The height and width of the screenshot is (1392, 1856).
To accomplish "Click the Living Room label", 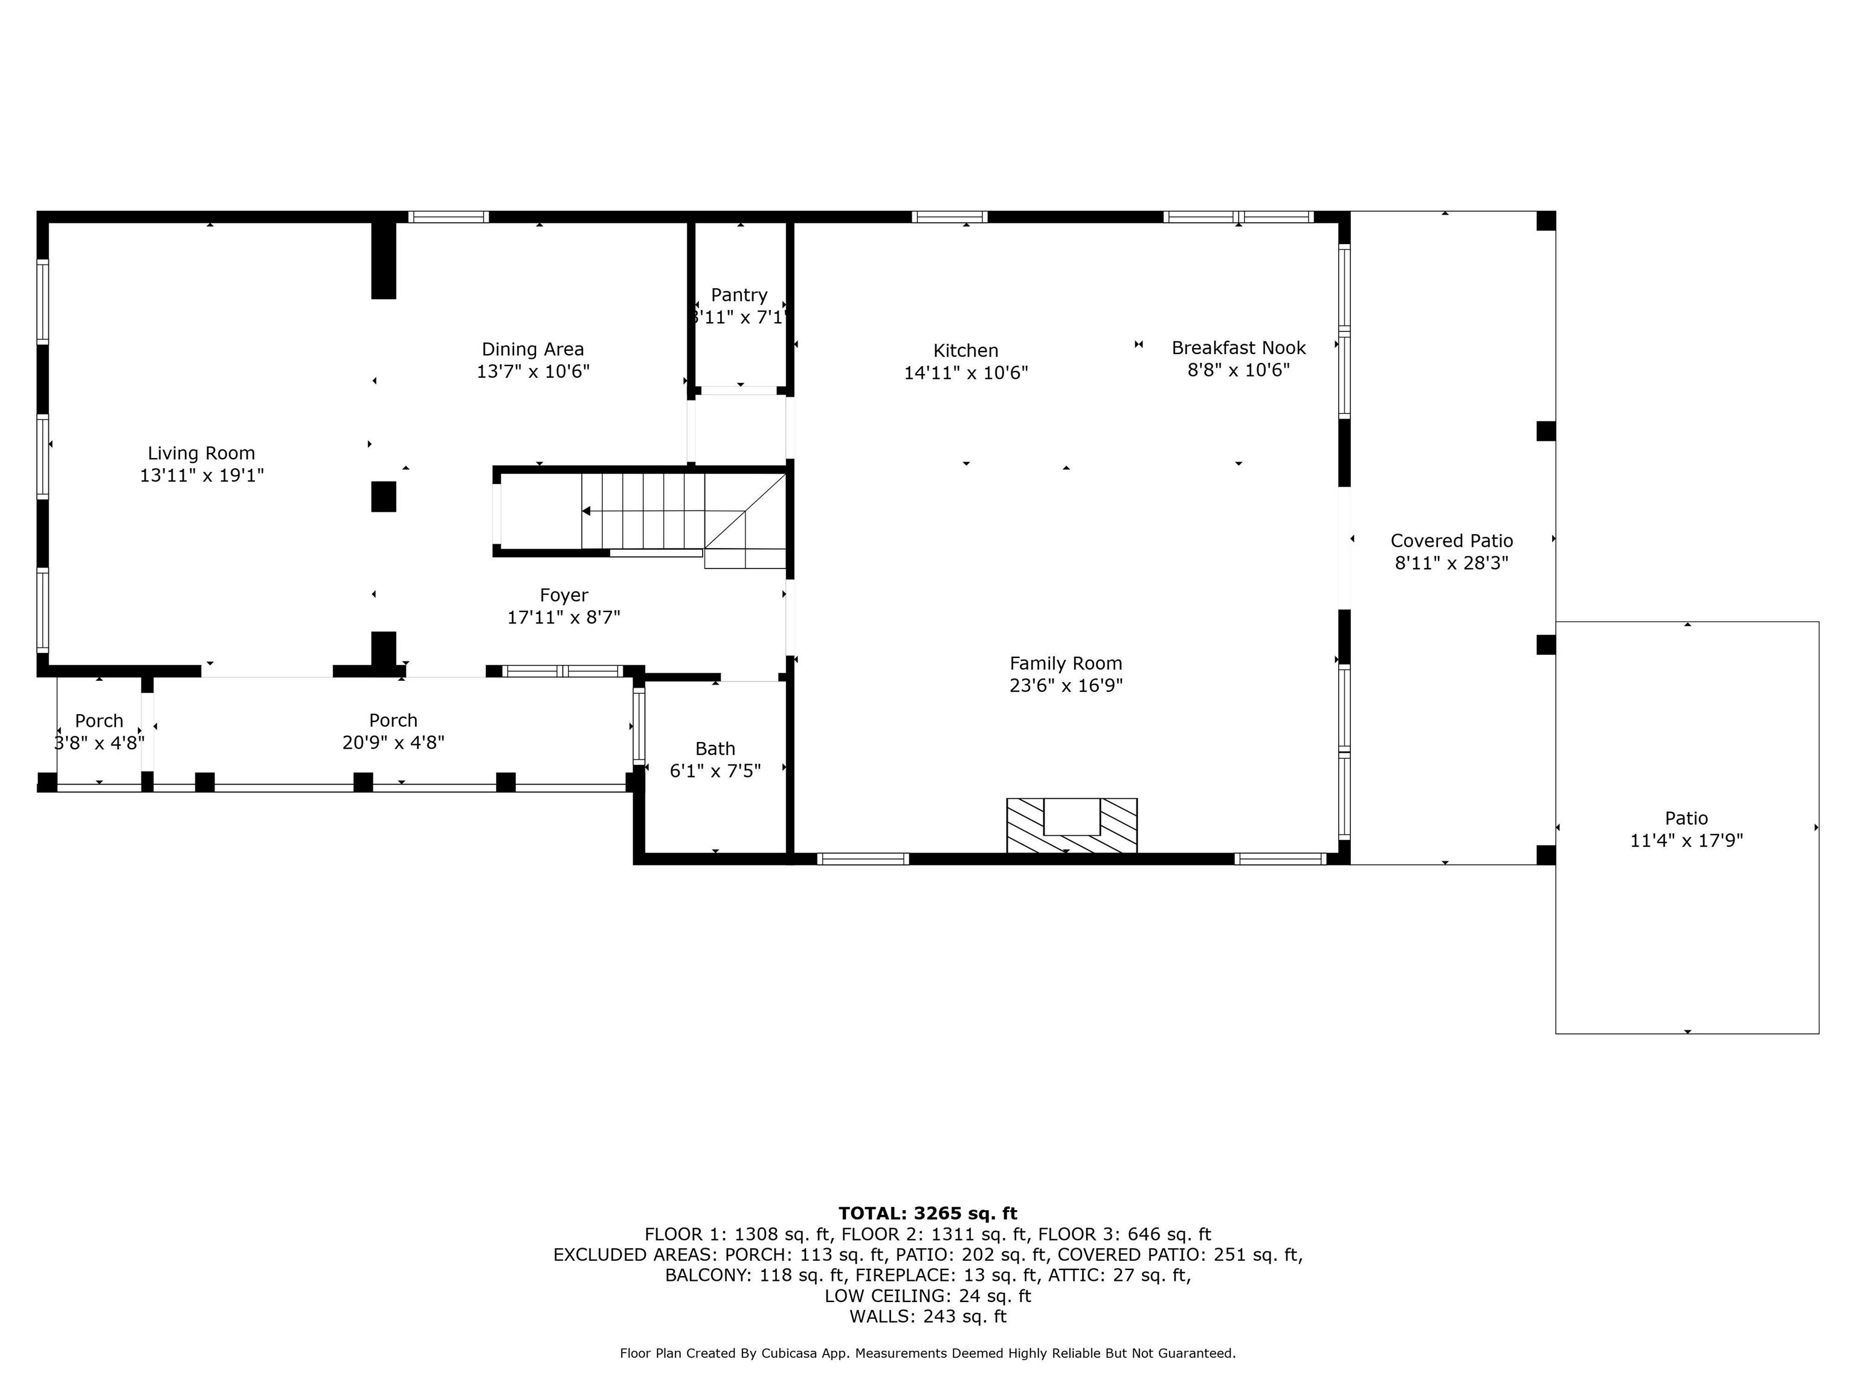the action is tap(201, 454).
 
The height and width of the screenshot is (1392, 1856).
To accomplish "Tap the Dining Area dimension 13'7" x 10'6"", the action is tap(533, 372).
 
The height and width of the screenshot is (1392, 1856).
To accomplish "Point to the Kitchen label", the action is tap(965, 351).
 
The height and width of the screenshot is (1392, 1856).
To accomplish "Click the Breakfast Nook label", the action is tap(1239, 347).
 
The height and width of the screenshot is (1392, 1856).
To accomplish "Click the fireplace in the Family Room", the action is tap(1071, 825).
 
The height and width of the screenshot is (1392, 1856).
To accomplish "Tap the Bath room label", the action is tap(715, 749).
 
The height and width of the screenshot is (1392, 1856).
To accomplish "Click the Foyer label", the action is tap(564, 596).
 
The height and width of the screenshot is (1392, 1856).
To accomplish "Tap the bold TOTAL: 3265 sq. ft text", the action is tap(927, 1213).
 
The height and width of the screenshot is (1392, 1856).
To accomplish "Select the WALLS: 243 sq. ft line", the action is tap(927, 1316).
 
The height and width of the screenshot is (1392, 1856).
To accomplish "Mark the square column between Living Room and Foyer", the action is tap(384, 497).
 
